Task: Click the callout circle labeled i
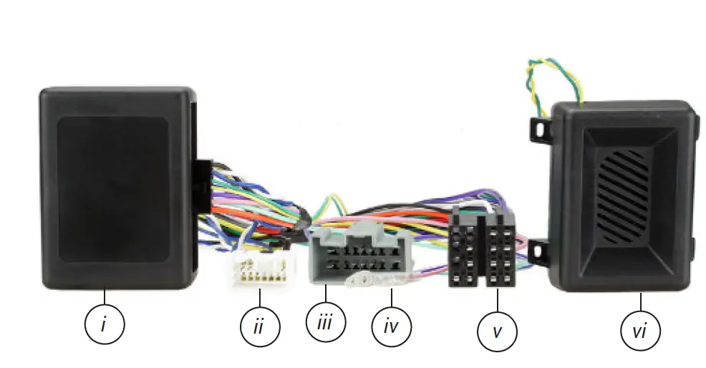click(x=104, y=324)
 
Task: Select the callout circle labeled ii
click(x=259, y=327)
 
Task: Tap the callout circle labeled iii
click(x=326, y=322)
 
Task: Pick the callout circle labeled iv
click(x=392, y=327)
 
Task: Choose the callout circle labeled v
click(x=497, y=331)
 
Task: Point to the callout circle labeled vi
click(x=640, y=331)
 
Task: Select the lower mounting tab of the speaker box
click(x=541, y=253)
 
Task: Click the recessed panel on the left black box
click(x=112, y=188)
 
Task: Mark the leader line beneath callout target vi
click(x=640, y=302)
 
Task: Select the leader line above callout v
click(x=497, y=300)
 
